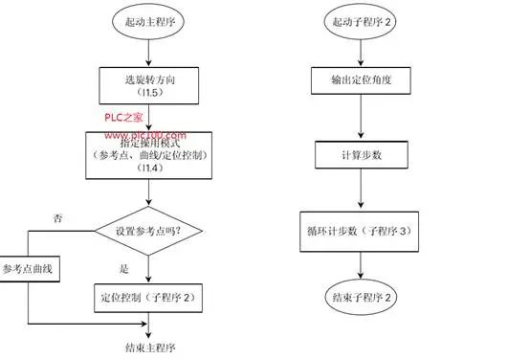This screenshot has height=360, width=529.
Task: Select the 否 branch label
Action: (x=58, y=219)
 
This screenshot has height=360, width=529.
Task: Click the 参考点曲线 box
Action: (x=30, y=269)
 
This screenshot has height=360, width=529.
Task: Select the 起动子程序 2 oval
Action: (x=361, y=20)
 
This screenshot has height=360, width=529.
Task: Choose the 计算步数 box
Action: (x=361, y=156)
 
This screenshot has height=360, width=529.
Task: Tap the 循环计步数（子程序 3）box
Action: (x=361, y=231)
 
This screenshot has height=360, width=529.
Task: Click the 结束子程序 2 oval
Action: (x=361, y=298)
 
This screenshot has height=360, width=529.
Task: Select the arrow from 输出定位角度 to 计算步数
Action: (x=361, y=118)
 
